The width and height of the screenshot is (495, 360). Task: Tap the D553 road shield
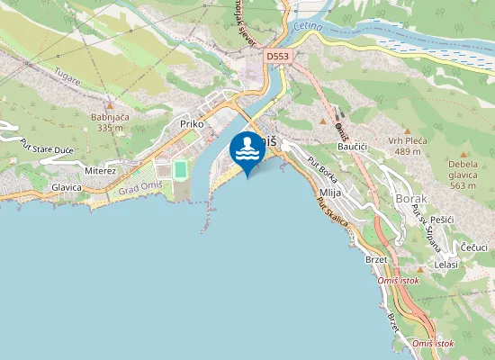[x=277, y=56]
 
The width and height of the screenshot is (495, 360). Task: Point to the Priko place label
[x=193, y=123]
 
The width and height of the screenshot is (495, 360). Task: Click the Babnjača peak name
[x=109, y=116]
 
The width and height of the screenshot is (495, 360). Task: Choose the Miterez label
[x=100, y=170]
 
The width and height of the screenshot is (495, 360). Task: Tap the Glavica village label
[x=67, y=187]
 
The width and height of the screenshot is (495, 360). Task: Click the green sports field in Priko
[x=180, y=169]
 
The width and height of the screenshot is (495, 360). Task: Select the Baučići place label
[x=355, y=145]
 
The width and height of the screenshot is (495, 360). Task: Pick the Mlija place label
[x=330, y=193]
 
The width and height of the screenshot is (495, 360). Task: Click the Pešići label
[x=443, y=220]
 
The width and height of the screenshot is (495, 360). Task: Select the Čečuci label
[x=474, y=246]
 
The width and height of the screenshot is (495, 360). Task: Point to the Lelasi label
[x=446, y=264]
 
